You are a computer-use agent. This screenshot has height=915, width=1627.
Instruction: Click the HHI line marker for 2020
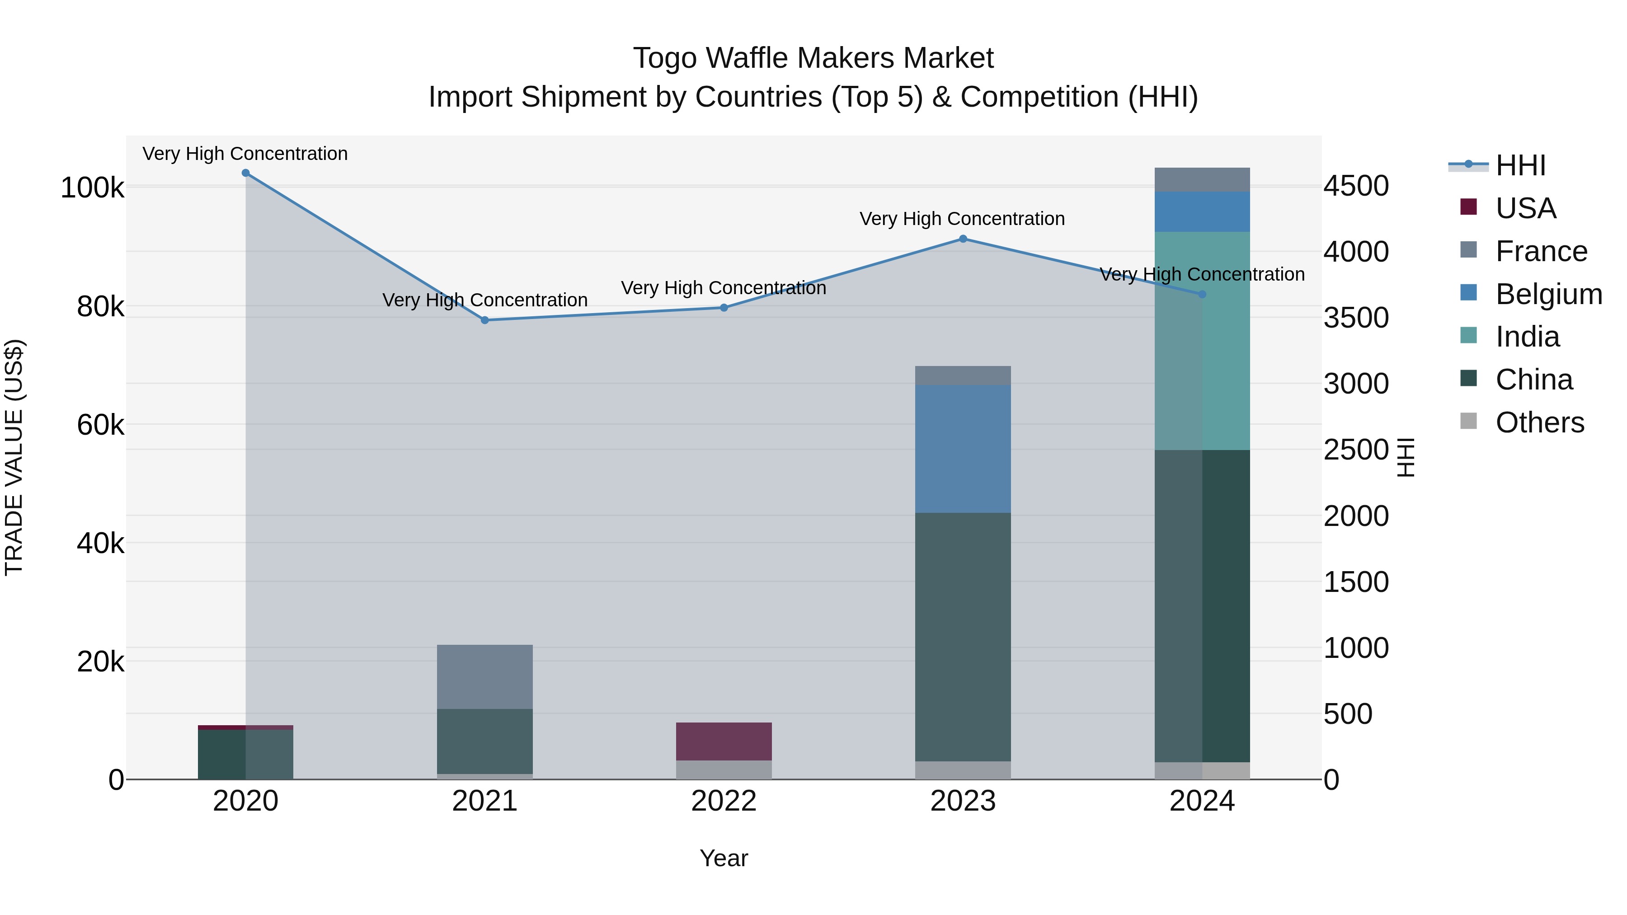click(x=246, y=173)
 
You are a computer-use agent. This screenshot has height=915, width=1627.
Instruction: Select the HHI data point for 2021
click(x=485, y=320)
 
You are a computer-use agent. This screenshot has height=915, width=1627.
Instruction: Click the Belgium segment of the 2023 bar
click(x=963, y=449)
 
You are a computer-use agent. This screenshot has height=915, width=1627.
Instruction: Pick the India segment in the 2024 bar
click(x=1202, y=341)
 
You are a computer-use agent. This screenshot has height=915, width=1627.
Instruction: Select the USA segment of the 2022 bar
click(x=724, y=741)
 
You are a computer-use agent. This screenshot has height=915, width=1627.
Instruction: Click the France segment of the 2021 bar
click(x=485, y=677)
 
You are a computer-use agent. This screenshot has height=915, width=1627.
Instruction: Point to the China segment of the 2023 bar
click(x=963, y=637)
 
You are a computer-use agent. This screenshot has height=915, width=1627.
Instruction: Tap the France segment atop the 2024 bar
click(x=1202, y=180)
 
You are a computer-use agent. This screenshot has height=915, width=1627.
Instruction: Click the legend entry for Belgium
click(x=1548, y=294)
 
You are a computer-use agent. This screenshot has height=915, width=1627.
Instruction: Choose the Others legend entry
click(x=1539, y=422)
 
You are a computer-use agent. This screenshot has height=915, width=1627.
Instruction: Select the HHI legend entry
click(x=1520, y=165)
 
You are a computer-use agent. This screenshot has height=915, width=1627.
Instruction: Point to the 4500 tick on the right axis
click(x=1356, y=186)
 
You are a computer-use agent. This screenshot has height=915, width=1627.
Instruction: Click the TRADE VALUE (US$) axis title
click(x=14, y=457)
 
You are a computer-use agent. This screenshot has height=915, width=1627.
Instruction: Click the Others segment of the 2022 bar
click(x=724, y=770)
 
